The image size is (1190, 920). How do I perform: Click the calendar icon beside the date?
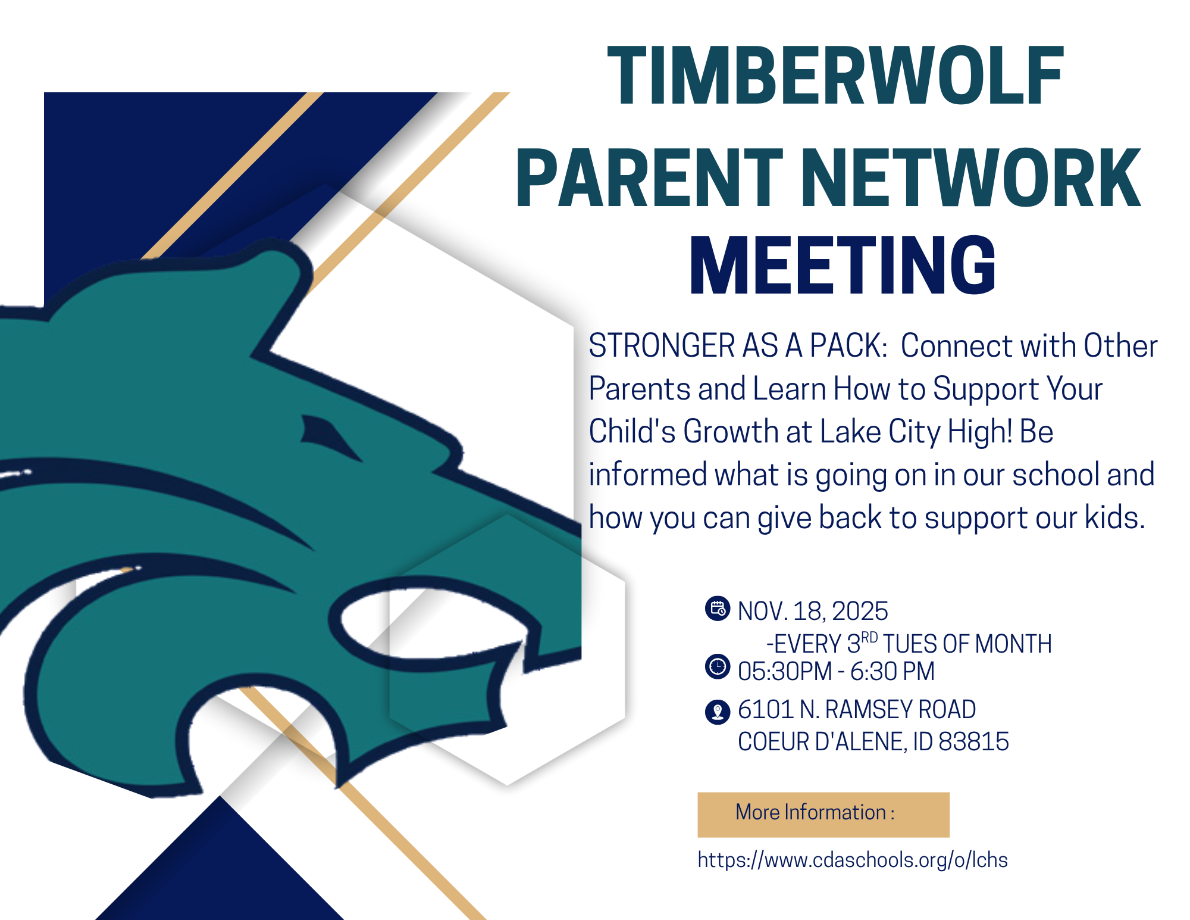pos(718,609)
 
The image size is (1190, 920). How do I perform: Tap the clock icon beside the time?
pos(718,666)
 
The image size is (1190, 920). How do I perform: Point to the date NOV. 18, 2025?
pos(812,612)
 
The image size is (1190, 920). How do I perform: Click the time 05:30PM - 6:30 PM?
pos(835,672)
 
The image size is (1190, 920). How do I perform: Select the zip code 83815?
pos(973,742)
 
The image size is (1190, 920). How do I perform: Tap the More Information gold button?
pos(823,814)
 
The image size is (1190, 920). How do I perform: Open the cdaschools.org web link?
pos(852,860)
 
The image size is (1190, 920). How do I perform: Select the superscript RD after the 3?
pos(869,638)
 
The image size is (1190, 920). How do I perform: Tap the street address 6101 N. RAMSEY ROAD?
pos(856,710)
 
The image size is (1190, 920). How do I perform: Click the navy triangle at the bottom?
pos(220,875)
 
